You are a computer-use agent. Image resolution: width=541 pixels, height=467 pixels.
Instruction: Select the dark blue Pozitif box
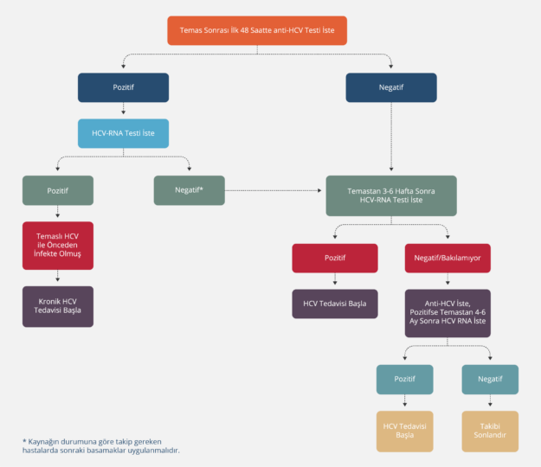pos(123,87)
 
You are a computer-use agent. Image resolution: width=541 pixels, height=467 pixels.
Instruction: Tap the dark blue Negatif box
pos(391,87)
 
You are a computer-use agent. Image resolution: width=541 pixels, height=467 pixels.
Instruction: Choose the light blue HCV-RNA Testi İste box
pos(123,133)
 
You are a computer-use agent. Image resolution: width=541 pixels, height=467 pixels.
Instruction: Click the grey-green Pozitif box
pos(58,190)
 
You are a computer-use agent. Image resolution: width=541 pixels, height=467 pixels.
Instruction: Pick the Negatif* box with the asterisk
pos(190,189)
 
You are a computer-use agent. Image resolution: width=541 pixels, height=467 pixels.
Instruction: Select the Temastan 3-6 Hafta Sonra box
pos(391,195)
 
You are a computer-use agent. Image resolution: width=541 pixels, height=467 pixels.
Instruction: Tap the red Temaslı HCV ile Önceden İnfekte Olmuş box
pos(58,246)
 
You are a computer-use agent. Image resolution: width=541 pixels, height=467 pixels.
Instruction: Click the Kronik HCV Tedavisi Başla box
pos(58,305)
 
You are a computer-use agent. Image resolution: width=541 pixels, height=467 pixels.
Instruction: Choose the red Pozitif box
pos(335,258)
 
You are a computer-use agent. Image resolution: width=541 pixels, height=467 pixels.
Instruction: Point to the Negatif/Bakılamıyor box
pos(448,258)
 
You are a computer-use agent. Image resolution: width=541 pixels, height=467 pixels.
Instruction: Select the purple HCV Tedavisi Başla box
pos(335,304)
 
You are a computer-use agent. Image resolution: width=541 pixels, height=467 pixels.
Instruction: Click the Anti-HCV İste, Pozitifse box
pos(448,313)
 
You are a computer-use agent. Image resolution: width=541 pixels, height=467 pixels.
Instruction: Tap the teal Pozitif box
pos(404,380)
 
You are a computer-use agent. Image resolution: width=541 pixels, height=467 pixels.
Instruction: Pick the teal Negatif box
pos(491,380)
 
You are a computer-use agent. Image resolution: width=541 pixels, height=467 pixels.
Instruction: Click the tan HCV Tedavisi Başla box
pos(404,431)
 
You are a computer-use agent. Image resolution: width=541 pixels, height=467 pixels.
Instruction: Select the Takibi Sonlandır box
pos(491,431)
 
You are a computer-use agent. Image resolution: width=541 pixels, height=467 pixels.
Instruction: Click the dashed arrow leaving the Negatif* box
pos(274,189)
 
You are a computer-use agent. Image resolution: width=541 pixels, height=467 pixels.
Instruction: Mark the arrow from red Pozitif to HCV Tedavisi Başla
pos(335,280)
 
